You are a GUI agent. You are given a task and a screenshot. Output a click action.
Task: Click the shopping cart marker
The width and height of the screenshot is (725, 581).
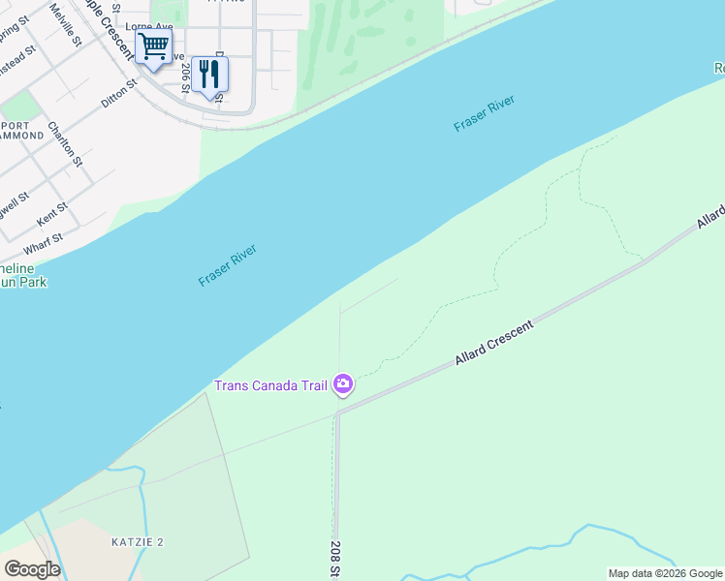152,46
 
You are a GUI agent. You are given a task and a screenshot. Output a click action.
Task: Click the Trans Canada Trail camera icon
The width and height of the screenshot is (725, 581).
342,385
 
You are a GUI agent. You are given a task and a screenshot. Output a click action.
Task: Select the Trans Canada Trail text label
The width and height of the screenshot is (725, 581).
271,386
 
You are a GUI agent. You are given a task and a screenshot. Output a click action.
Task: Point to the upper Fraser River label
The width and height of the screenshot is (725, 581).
484,114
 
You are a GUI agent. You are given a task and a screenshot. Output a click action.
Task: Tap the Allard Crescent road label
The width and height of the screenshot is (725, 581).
494,344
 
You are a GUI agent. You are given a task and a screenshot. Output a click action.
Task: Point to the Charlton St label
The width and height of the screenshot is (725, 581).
66,143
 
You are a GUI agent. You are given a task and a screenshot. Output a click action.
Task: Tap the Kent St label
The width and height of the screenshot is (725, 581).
51,214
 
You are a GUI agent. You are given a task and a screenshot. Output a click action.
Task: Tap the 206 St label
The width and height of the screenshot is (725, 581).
183,74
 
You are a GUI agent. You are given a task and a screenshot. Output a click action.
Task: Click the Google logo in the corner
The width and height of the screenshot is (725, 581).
32,569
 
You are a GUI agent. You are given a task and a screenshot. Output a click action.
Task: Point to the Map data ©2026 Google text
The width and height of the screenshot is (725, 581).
665,573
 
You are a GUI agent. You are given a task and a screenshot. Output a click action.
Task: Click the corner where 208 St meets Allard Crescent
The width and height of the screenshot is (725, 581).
338,413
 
